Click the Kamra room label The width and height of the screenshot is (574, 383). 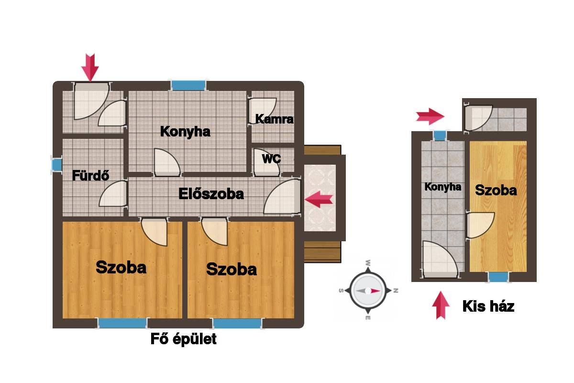pyautogui.click(x=274, y=119)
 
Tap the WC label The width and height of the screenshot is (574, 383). pyautogui.click(x=271, y=159)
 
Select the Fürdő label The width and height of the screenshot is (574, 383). pyautogui.click(x=91, y=176)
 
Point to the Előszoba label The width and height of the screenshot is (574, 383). pyautogui.click(x=211, y=194)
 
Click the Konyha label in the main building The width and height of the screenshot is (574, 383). pyautogui.click(x=185, y=132)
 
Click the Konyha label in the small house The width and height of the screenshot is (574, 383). pyautogui.click(x=443, y=187)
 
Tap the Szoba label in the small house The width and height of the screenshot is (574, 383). pyautogui.click(x=496, y=191)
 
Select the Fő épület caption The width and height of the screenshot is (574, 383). pyautogui.click(x=184, y=339)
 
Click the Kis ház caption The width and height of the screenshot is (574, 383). pyautogui.click(x=488, y=306)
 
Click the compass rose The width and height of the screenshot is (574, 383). pyautogui.click(x=368, y=291)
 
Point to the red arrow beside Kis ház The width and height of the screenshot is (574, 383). pyautogui.click(x=441, y=305)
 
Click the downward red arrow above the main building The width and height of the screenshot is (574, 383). pyautogui.click(x=90, y=68)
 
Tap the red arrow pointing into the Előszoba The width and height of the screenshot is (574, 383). pyautogui.click(x=319, y=199)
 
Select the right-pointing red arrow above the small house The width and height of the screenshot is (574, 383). pyautogui.click(x=430, y=116)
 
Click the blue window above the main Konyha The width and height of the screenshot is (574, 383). pyautogui.click(x=188, y=85)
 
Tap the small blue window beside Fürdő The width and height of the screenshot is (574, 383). pyautogui.click(x=57, y=165)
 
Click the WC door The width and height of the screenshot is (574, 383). pyautogui.click(x=267, y=163)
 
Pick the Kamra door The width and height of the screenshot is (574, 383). pyautogui.click(x=263, y=111)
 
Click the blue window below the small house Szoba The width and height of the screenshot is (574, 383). pyautogui.click(x=498, y=277)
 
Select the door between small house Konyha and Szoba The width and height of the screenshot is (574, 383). pyautogui.click(x=480, y=225)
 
